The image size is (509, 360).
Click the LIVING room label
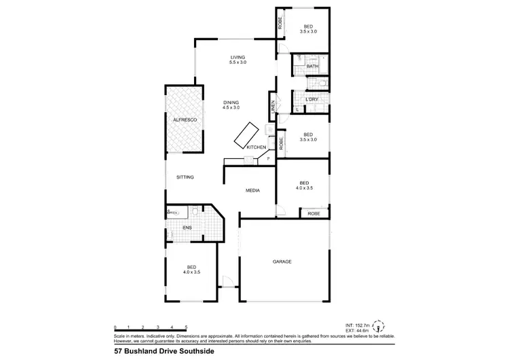click(238, 57)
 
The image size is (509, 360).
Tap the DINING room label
click(232, 102)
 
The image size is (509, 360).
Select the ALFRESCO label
click(185, 120)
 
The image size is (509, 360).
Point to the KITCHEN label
click(256, 147)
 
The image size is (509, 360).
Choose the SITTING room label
click(185, 177)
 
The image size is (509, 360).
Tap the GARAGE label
click(282, 261)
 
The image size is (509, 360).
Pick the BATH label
click(312, 67)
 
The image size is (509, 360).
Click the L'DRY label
click(312, 100)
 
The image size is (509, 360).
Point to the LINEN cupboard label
click(274, 108)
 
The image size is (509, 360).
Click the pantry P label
click(268, 159)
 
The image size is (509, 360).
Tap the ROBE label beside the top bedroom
click(279, 24)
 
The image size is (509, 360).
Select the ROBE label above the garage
click(314, 213)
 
